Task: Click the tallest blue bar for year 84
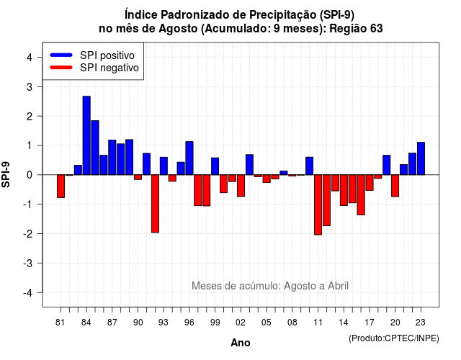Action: tap(86, 135)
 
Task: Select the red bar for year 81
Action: tap(61, 186)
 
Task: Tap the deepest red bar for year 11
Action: tap(318, 204)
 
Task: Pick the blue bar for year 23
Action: tap(421, 158)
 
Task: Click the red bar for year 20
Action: tap(395, 186)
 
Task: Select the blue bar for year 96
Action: tap(189, 158)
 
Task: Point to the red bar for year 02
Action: tap(241, 186)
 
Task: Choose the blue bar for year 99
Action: tap(215, 166)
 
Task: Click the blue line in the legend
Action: tap(61, 55)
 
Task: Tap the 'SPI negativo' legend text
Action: tap(109, 68)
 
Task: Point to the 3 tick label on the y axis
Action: tap(30, 87)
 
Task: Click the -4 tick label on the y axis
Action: tap(28, 293)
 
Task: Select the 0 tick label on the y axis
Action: tap(30, 175)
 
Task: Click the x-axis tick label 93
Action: tap(164, 323)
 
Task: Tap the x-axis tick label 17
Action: tap(370, 323)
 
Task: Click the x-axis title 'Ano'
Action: tap(241, 343)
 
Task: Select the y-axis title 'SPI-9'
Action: tap(6, 174)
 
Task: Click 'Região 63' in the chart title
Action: tap(356, 29)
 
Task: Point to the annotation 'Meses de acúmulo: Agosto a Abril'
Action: tap(270, 286)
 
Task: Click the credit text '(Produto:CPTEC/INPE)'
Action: tap(394, 338)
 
